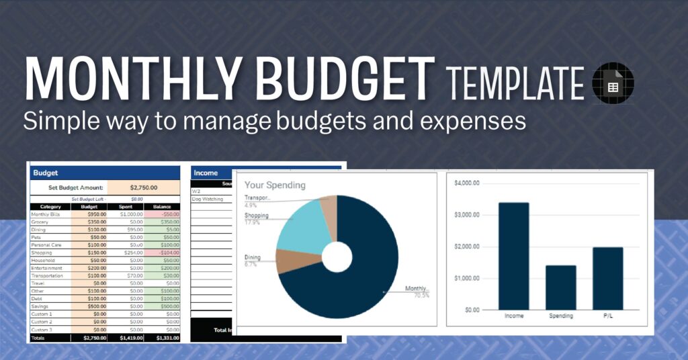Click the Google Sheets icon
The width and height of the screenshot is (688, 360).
[x=612, y=86]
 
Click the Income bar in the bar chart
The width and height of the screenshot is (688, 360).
[x=514, y=256]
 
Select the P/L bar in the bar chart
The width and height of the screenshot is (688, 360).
[x=608, y=278]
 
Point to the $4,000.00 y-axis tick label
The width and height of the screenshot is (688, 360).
[x=466, y=183]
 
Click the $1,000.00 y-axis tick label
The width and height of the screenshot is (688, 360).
[x=466, y=278]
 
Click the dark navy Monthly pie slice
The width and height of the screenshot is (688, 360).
[x=356, y=282]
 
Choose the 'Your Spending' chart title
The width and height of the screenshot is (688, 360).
[x=275, y=185]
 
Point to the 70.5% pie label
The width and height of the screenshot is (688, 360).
[x=421, y=295]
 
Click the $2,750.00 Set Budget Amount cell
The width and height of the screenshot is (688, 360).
[x=143, y=188]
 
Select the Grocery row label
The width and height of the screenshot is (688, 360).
[x=41, y=221]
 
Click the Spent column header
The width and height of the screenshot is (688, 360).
[x=126, y=206]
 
